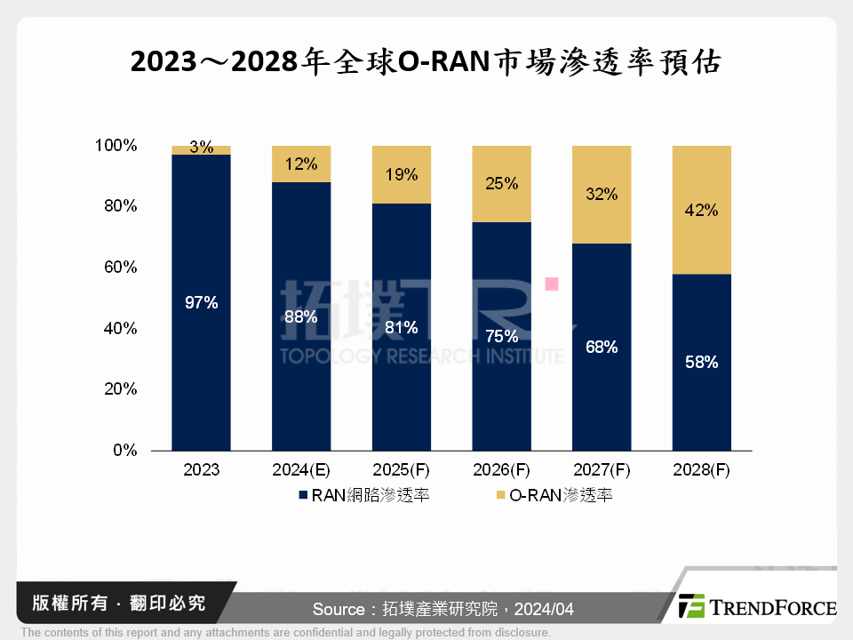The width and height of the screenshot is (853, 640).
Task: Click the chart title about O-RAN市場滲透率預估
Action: (x=426, y=62)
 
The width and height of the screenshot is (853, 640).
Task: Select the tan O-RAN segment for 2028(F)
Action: (x=702, y=210)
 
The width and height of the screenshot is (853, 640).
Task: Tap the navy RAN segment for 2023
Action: (x=201, y=302)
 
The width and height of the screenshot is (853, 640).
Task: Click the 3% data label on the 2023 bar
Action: (x=202, y=148)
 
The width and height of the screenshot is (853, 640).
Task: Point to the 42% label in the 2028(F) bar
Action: (x=702, y=212)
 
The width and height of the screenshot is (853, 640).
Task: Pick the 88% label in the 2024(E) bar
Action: (x=301, y=316)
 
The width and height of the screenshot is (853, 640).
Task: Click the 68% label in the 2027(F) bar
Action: (x=602, y=347)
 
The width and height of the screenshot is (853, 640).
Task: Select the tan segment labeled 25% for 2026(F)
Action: (x=501, y=184)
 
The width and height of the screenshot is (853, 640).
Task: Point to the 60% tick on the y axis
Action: (x=119, y=268)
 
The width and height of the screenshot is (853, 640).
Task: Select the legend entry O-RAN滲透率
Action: (x=553, y=495)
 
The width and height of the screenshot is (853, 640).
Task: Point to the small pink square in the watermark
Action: (x=551, y=284)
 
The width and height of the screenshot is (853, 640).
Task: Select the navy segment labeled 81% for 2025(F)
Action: (x=401, y=327)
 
